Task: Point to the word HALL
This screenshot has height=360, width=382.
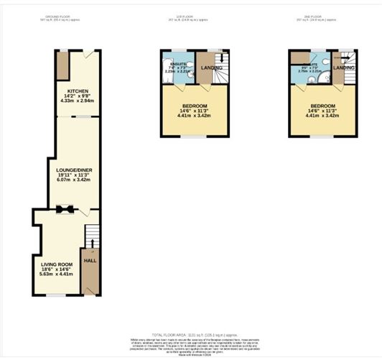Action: (x=90, y=261)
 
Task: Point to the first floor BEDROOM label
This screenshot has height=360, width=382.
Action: (x=195, y=104)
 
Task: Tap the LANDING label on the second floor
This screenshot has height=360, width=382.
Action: (x=345, y=68)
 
